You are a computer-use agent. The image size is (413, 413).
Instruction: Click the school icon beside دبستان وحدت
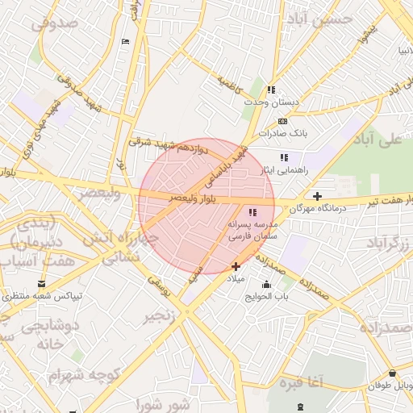pos(272,90)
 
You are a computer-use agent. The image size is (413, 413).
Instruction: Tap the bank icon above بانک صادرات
pos(282,119)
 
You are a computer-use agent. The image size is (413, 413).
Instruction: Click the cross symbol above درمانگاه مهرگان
pos(318,196)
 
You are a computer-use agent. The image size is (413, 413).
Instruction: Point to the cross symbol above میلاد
pos(236,266)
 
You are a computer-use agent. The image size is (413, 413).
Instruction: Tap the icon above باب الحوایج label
pos(267,284)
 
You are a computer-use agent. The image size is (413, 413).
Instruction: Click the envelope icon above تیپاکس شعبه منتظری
pos(41,284)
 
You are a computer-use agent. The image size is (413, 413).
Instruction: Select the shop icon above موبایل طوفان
pos(392,373)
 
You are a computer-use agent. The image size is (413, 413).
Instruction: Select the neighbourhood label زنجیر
pos(158,317)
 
